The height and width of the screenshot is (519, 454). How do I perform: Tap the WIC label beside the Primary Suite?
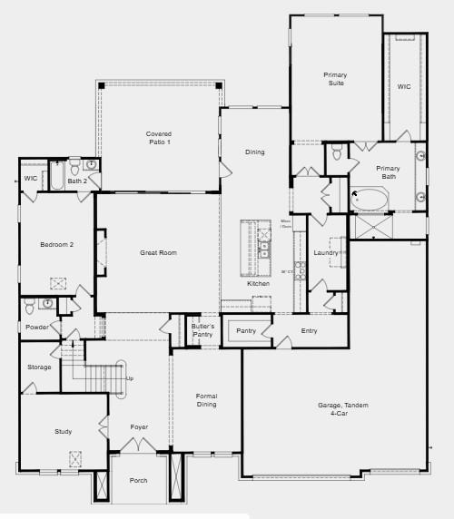click(x=404, y=87)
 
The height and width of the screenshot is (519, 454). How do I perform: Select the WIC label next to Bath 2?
click(x=31, y=178)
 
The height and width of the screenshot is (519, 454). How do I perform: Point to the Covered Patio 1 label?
click(x=158, y=138)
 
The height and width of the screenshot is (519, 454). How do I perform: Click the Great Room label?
click(x=157, y=252)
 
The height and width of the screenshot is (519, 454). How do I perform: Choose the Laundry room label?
click(x=326, y=252)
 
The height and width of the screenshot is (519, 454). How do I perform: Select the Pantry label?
click(x=246, y=331)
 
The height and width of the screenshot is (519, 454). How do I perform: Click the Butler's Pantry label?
click(x=202, y=330)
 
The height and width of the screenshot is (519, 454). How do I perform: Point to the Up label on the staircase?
click(x=130, y=377)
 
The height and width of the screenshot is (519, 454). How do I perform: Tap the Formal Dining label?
click(x=207, y=400)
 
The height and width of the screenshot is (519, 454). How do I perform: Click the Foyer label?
click(x=139, y=426)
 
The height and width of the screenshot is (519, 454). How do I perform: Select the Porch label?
click(x=138, y=481)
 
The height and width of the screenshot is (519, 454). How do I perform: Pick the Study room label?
click(x=63, y=431)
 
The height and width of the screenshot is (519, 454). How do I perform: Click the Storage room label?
click(x=39, y=367)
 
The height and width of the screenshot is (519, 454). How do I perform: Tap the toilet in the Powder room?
click(x=29, y=303)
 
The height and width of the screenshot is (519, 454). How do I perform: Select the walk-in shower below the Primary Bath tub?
click(x=373, y=226)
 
